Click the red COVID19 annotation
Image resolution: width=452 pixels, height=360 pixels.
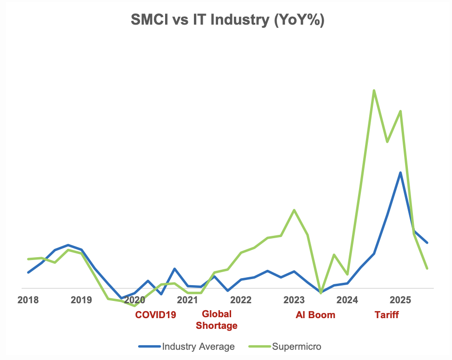click(155, 315)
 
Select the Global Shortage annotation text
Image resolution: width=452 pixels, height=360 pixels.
click(217, 320)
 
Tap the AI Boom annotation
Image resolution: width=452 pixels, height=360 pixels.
click(315, 315)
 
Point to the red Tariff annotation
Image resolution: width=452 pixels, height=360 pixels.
click(387, 315)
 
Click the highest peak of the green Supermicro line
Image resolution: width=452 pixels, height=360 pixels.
click(374, 90)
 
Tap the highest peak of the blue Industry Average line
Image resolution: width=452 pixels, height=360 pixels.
click(400, 173)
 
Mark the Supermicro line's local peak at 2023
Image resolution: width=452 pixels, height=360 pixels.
click(294, 210)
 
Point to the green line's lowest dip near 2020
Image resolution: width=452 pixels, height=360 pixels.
click(135, 306)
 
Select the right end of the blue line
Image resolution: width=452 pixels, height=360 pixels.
click(427, 242)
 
